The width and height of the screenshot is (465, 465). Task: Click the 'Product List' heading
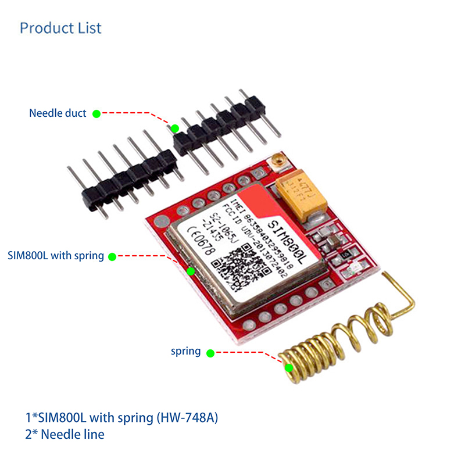coord(60,28)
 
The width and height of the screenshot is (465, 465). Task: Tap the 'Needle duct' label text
coord(58,113)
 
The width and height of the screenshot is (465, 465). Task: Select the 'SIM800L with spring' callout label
coord(56,255)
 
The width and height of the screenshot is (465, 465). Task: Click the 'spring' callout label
coord(185,352)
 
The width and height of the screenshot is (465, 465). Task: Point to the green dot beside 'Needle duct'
coord(96,113)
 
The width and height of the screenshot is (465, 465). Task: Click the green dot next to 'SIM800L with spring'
coord(112,255)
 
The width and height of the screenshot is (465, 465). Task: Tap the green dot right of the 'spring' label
coord(210,352)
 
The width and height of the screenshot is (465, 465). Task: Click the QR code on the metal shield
coord(244,264)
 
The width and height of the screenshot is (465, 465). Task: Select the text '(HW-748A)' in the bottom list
coord(192,417)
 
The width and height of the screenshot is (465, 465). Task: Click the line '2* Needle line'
coord(65,434)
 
